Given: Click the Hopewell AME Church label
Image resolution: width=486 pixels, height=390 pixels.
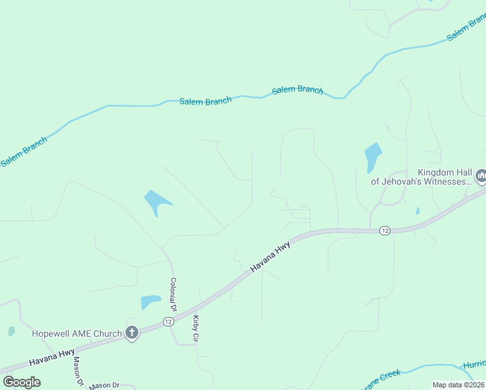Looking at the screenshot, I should coord(77,334).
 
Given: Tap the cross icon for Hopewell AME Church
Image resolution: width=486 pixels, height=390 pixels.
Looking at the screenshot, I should coord(132,333).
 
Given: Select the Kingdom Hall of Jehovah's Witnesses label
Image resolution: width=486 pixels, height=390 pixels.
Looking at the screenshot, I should coord(421,177).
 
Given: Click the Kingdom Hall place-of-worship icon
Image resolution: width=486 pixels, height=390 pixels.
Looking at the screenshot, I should coord(481,175).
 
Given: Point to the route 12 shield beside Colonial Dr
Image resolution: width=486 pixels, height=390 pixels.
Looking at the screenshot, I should coord(168,322).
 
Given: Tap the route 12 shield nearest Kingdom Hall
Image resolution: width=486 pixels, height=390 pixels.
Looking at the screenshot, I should coord(385,231).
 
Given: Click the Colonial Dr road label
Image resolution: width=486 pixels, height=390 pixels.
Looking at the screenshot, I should coord(173,294).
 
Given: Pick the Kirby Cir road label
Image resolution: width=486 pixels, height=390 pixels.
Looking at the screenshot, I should coord(196,329).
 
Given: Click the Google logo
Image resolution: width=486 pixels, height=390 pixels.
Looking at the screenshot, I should coord(21,382).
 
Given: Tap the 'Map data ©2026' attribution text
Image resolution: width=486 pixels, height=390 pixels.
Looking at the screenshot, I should coord(459,385).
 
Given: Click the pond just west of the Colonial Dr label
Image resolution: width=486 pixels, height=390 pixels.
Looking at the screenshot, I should coord(150,302).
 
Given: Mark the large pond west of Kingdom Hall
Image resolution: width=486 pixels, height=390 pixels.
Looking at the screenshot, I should coord(373,157).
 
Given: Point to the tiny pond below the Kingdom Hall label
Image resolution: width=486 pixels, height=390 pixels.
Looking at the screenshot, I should coord(417,211).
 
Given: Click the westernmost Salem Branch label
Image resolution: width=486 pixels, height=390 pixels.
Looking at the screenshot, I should coord(23,151).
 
